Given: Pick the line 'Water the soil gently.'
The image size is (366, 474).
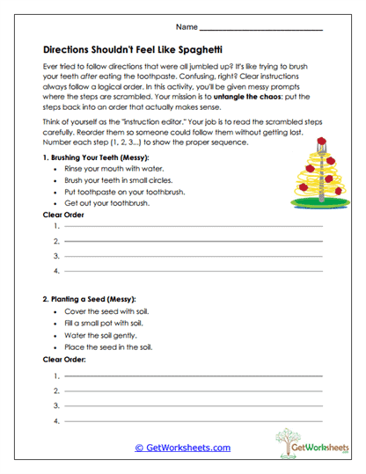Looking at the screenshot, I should (100, 335).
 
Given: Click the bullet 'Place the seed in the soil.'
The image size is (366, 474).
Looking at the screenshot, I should (107, 346).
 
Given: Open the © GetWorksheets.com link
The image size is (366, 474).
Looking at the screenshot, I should (182, 447).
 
